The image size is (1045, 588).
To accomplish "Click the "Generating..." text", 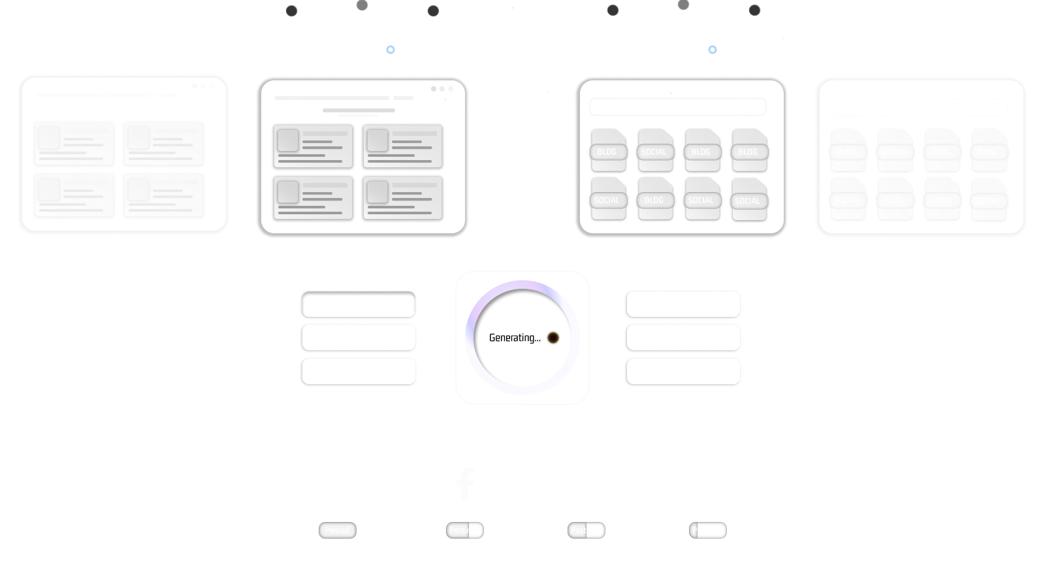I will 515,338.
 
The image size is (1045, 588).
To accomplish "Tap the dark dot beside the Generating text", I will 553,338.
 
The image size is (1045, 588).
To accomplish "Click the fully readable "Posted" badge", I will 337,531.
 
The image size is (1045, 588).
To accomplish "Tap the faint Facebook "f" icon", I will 465,484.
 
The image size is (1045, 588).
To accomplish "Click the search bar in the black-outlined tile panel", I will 677,106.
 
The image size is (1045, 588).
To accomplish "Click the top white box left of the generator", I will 359,304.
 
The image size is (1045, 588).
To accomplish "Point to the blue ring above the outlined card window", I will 391,50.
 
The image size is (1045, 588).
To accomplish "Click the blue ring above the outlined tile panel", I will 713,50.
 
